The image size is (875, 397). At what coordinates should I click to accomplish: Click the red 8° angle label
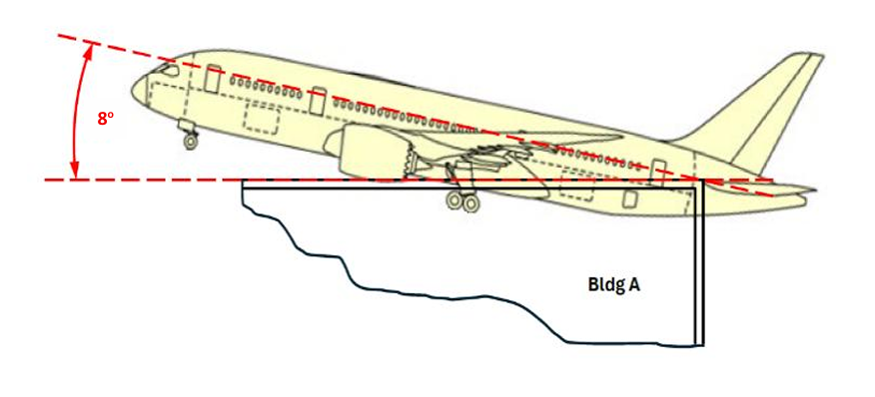click(x=106, y=118)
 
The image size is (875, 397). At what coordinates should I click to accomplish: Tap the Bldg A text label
click(x=612, y=284)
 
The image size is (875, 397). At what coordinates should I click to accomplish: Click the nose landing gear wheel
click(x=191, y=141)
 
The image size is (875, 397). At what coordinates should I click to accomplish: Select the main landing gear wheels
click(x=460, y=202)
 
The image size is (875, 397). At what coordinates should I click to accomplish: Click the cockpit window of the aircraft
click(x=169, y=71)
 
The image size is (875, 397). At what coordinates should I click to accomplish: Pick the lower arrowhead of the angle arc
click(x=74, y=173)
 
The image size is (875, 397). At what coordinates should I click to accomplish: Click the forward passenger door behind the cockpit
click(x=212, y=79)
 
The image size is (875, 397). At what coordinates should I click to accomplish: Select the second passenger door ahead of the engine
click(x=317, y=101)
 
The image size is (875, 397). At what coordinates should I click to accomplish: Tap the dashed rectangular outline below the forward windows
click(x=263, y=119)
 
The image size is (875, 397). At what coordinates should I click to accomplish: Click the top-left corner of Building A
click(x=244, y=183)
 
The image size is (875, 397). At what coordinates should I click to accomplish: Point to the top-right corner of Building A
click(x=703, y=183)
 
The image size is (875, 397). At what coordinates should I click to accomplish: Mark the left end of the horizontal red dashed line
click(x=47, y=181)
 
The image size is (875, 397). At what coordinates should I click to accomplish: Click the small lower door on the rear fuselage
click(x=630, y=198)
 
